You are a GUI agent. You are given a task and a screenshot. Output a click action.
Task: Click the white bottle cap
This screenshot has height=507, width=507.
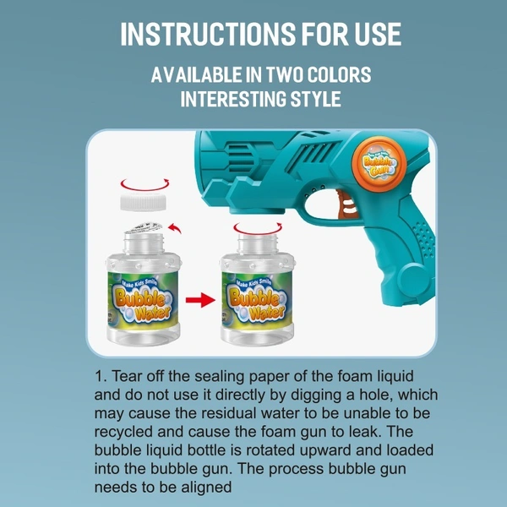point(144,202)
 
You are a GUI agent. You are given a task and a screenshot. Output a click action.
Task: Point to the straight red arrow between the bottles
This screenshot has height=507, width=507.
point(200,300)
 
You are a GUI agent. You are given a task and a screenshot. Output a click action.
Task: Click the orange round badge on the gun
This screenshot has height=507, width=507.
point(379,164)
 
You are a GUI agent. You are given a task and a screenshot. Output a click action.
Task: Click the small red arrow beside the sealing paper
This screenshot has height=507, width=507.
point(175,227)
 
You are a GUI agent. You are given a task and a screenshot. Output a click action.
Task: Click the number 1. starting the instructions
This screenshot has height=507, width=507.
point(101,376)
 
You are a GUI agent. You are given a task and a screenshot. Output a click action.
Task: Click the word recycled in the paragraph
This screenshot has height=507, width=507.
point(123,433)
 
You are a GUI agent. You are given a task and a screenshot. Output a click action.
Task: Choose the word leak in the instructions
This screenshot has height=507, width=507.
point(363,432)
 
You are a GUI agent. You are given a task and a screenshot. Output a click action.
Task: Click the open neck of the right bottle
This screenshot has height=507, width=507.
point(258,243)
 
